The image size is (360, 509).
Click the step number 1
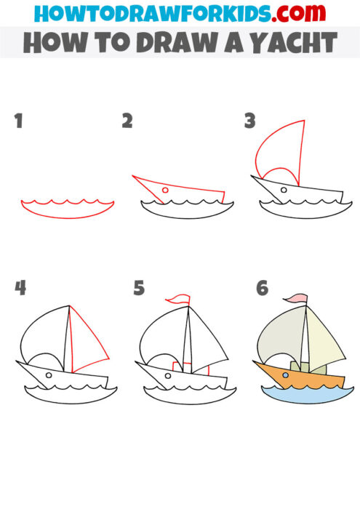pyautogui.click(x=18, y=121)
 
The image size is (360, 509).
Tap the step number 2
pyautogui.click(x=127, y=121)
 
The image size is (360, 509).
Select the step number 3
pyautogui.click(x=249, y=121)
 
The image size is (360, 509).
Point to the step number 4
pyautogui.click(x=20, y=288)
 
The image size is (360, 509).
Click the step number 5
pyautogui.click(x=140, y=288)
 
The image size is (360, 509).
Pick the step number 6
pyautogui.click(x=262, y=288)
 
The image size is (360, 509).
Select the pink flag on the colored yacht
pyautogui.click(x=297, y=298)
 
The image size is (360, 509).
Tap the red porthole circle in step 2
pyautogui.click(x=165, y=191)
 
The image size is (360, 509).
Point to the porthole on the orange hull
pyautogui.click(x=286, y=376)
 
